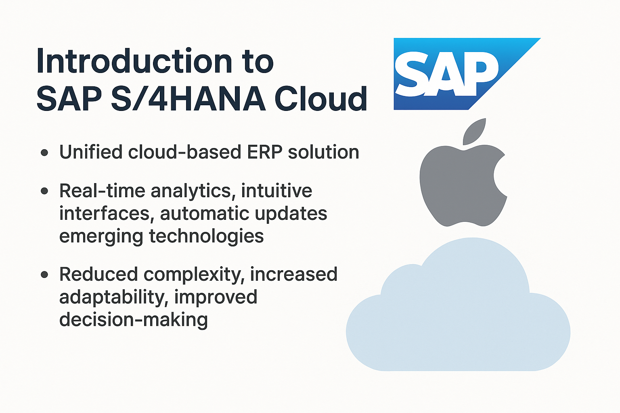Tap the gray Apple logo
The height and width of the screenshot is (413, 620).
[463, 177]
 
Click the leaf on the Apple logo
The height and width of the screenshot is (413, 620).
[474, 131]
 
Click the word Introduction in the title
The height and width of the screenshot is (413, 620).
[134, 60]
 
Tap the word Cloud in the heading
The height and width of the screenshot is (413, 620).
[321, 98]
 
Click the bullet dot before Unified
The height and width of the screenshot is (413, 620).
[44, 152]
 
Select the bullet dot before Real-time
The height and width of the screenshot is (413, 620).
[44, 191]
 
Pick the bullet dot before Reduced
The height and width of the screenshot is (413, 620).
[44, 274]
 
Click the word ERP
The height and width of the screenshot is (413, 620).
[265, 152]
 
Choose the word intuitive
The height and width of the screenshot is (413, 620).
[276, 190]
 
